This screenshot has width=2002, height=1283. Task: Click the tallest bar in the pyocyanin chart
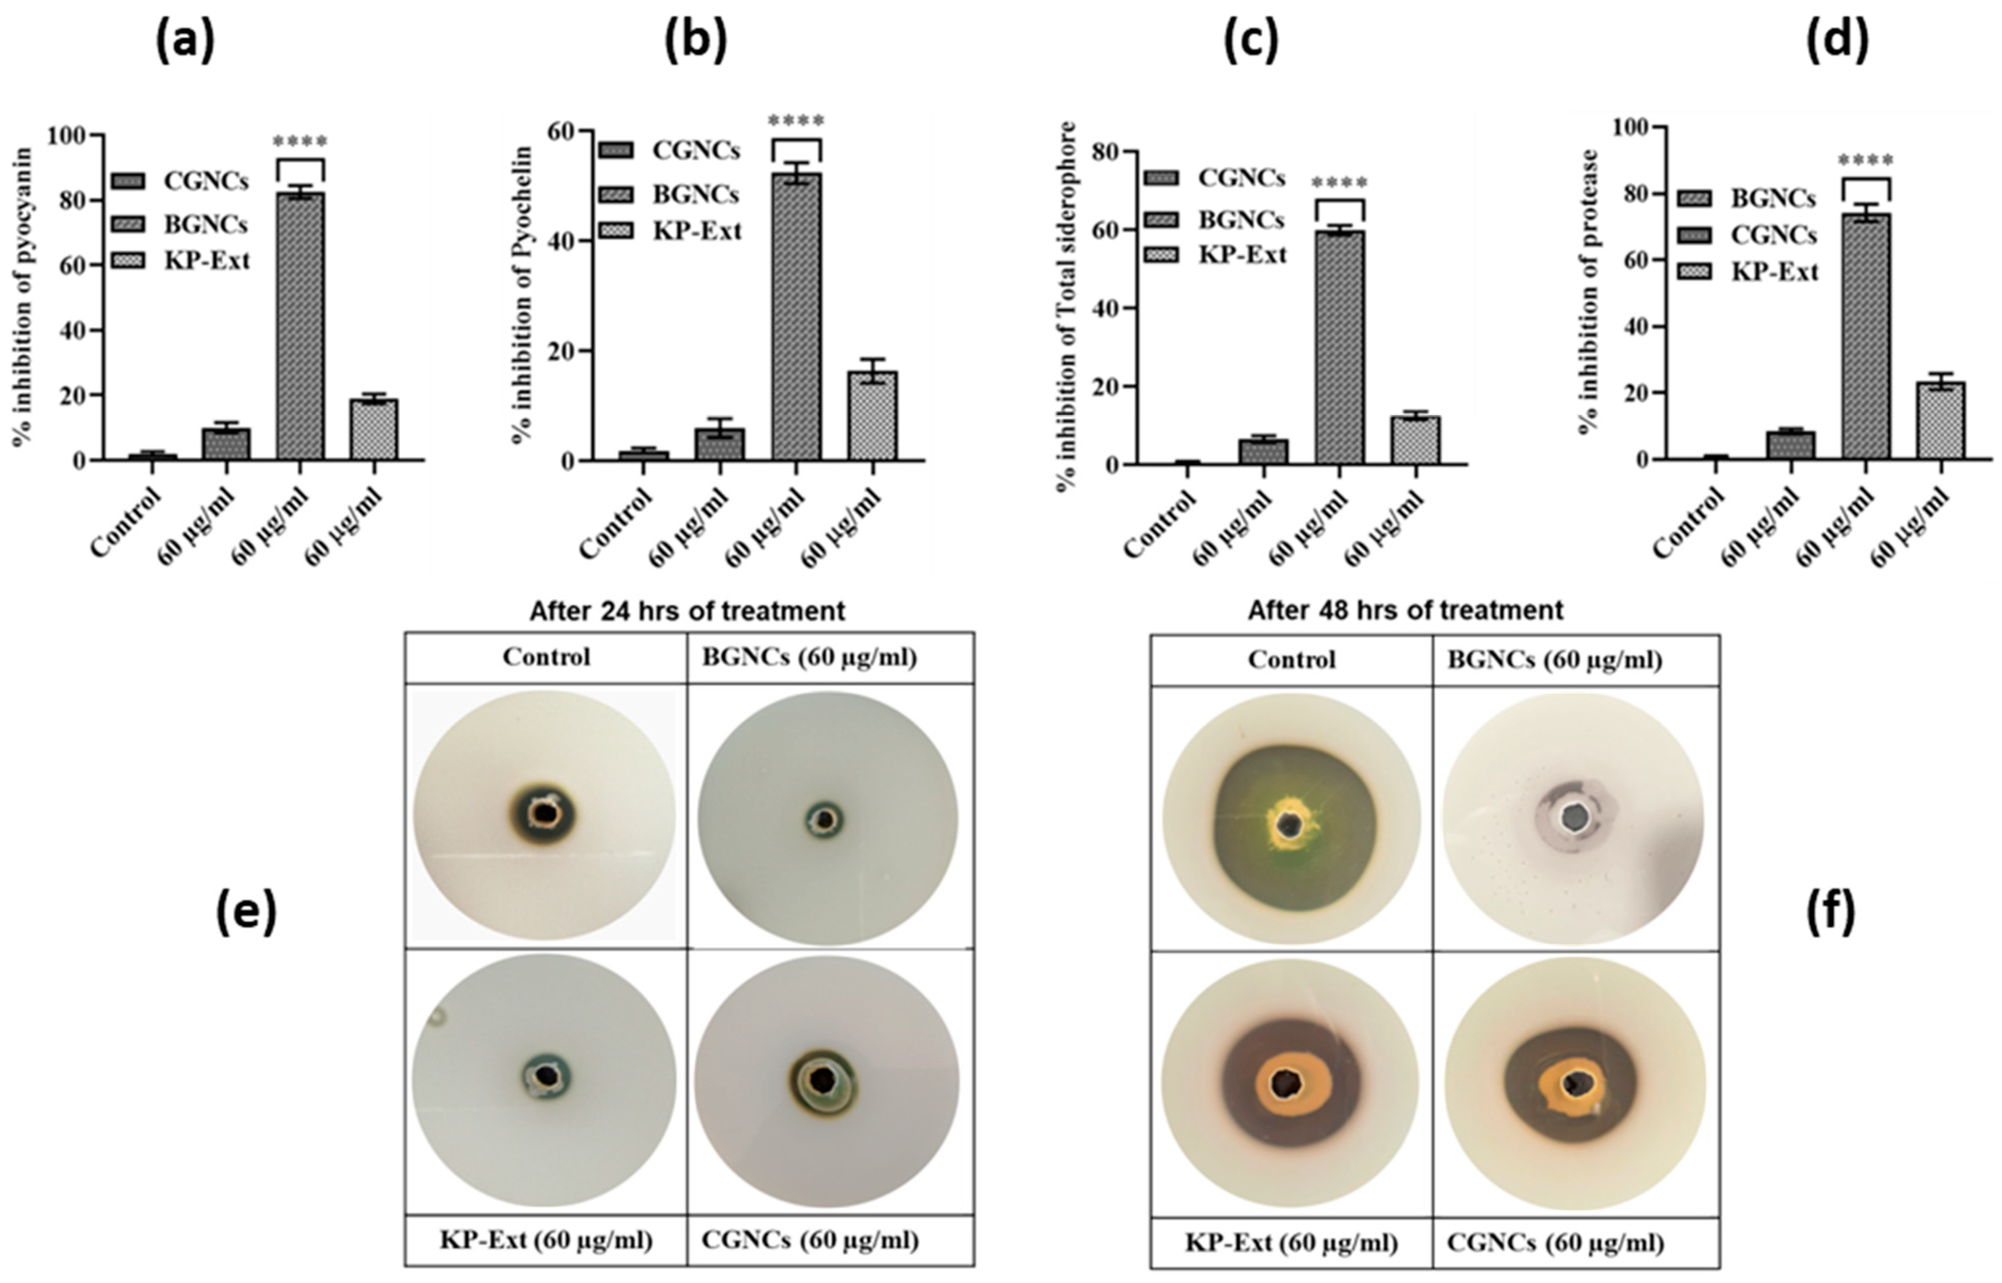click(300, 325)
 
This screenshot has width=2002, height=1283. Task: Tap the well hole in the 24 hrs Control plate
click(544, 813)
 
